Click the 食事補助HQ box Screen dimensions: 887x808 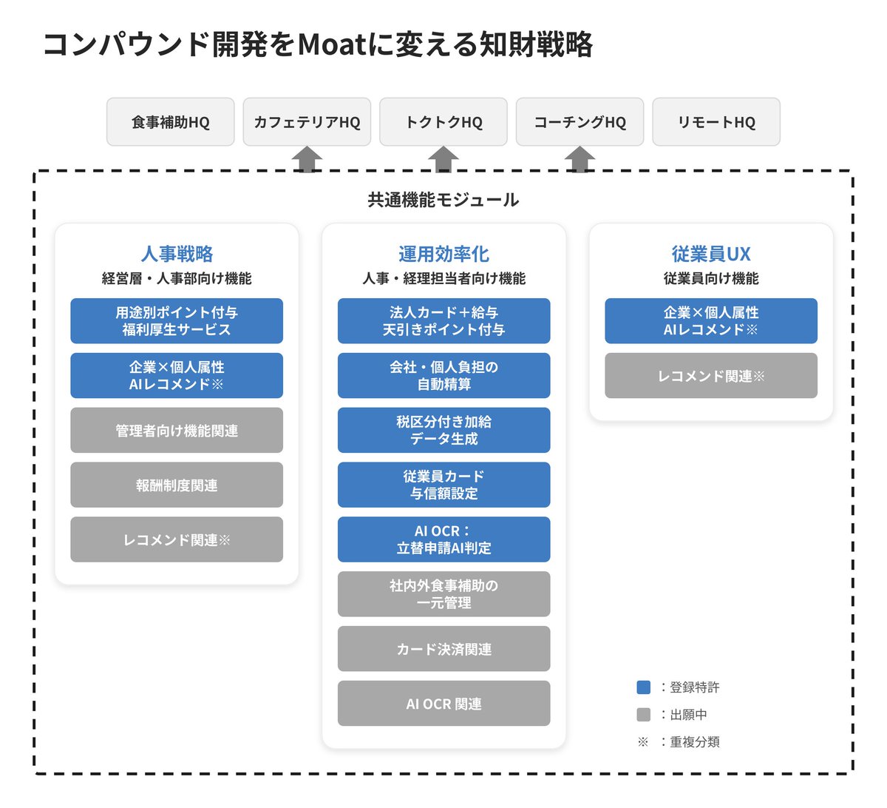click(x=170, y=122)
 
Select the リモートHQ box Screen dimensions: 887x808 click(x=716, y=122)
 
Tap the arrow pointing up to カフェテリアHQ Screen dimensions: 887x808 click(x=307, y=158)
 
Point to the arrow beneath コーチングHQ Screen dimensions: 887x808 click(x=580, y=158)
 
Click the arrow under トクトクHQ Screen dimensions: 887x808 click(x=443, y=158)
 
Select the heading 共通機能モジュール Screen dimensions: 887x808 click(x=443, y=200)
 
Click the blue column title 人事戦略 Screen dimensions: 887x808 click(x=177, y=254)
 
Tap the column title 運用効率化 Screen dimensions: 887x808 click(x=443, y=254)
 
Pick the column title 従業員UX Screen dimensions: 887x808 click(x=711, y=254)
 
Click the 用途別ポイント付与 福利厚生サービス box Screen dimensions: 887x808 click(x=177, y=320)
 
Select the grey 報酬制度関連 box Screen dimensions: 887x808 click(x=177, y=485)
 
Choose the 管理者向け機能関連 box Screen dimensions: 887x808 click(x=177, y=430)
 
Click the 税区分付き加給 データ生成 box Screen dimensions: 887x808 click(x=443, y=430)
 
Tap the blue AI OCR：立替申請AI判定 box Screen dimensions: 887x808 click(x=443, y=539)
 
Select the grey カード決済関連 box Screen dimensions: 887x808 click(x=443, y=649)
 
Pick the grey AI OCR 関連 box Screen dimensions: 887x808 click(x=443, y=703)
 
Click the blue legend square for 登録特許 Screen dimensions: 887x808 click(x=643, y=687)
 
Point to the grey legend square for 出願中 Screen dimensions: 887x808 click(x=643, y=715)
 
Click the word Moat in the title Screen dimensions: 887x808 click(x=333, y=44)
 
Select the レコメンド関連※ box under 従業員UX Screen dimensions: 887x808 click(x=711, y=375)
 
